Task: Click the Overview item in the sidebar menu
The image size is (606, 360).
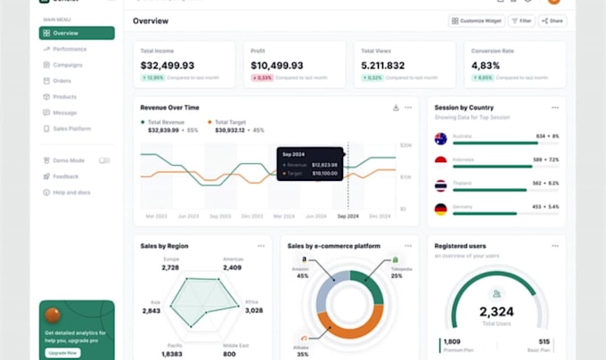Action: pos(76,33)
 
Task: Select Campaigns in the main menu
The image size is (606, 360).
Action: pos(68,65)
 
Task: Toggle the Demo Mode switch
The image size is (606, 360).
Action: pos(104,160)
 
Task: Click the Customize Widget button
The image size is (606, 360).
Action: pos(477,20)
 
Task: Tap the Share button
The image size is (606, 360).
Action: pos(553,20)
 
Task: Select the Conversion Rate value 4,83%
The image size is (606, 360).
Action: pos(487,65)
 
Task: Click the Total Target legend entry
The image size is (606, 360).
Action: pos(230,121)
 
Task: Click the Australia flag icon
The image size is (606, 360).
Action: pos(440,138)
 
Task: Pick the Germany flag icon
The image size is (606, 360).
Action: pos(440,209)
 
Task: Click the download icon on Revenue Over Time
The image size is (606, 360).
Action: pos(396,108)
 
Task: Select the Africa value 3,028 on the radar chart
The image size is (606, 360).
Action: pos(253,310)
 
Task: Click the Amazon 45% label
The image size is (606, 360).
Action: pos(303,272)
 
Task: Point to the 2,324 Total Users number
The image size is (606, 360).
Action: pos(497,312)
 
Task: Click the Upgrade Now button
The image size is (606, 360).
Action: pos(61,353)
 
